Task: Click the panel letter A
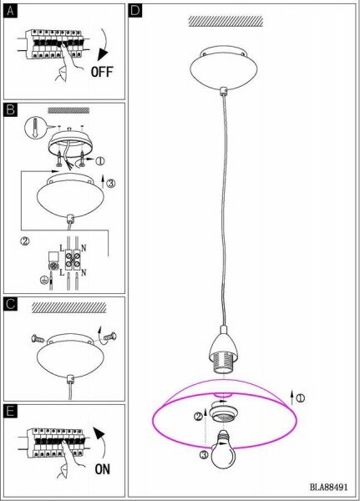coord(11,12)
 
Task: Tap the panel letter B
coord(11,110)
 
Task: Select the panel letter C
coord(11,304)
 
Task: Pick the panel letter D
coord(135,11)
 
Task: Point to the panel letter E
coord(11,412)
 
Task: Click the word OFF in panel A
coord(102,72)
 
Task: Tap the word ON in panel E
coord(102,469)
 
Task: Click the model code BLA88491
coord(328,488)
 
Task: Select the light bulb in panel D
coord(223,449)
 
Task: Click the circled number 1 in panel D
coord(301,398)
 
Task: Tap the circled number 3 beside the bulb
coord(205,455)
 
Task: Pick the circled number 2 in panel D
coord(198,417)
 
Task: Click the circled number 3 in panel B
coord(110,184)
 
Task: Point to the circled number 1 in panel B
coord(100,161)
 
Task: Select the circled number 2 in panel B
coord(25,240)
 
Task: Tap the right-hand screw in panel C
coord(110,337)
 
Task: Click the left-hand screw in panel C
coord(38,339)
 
